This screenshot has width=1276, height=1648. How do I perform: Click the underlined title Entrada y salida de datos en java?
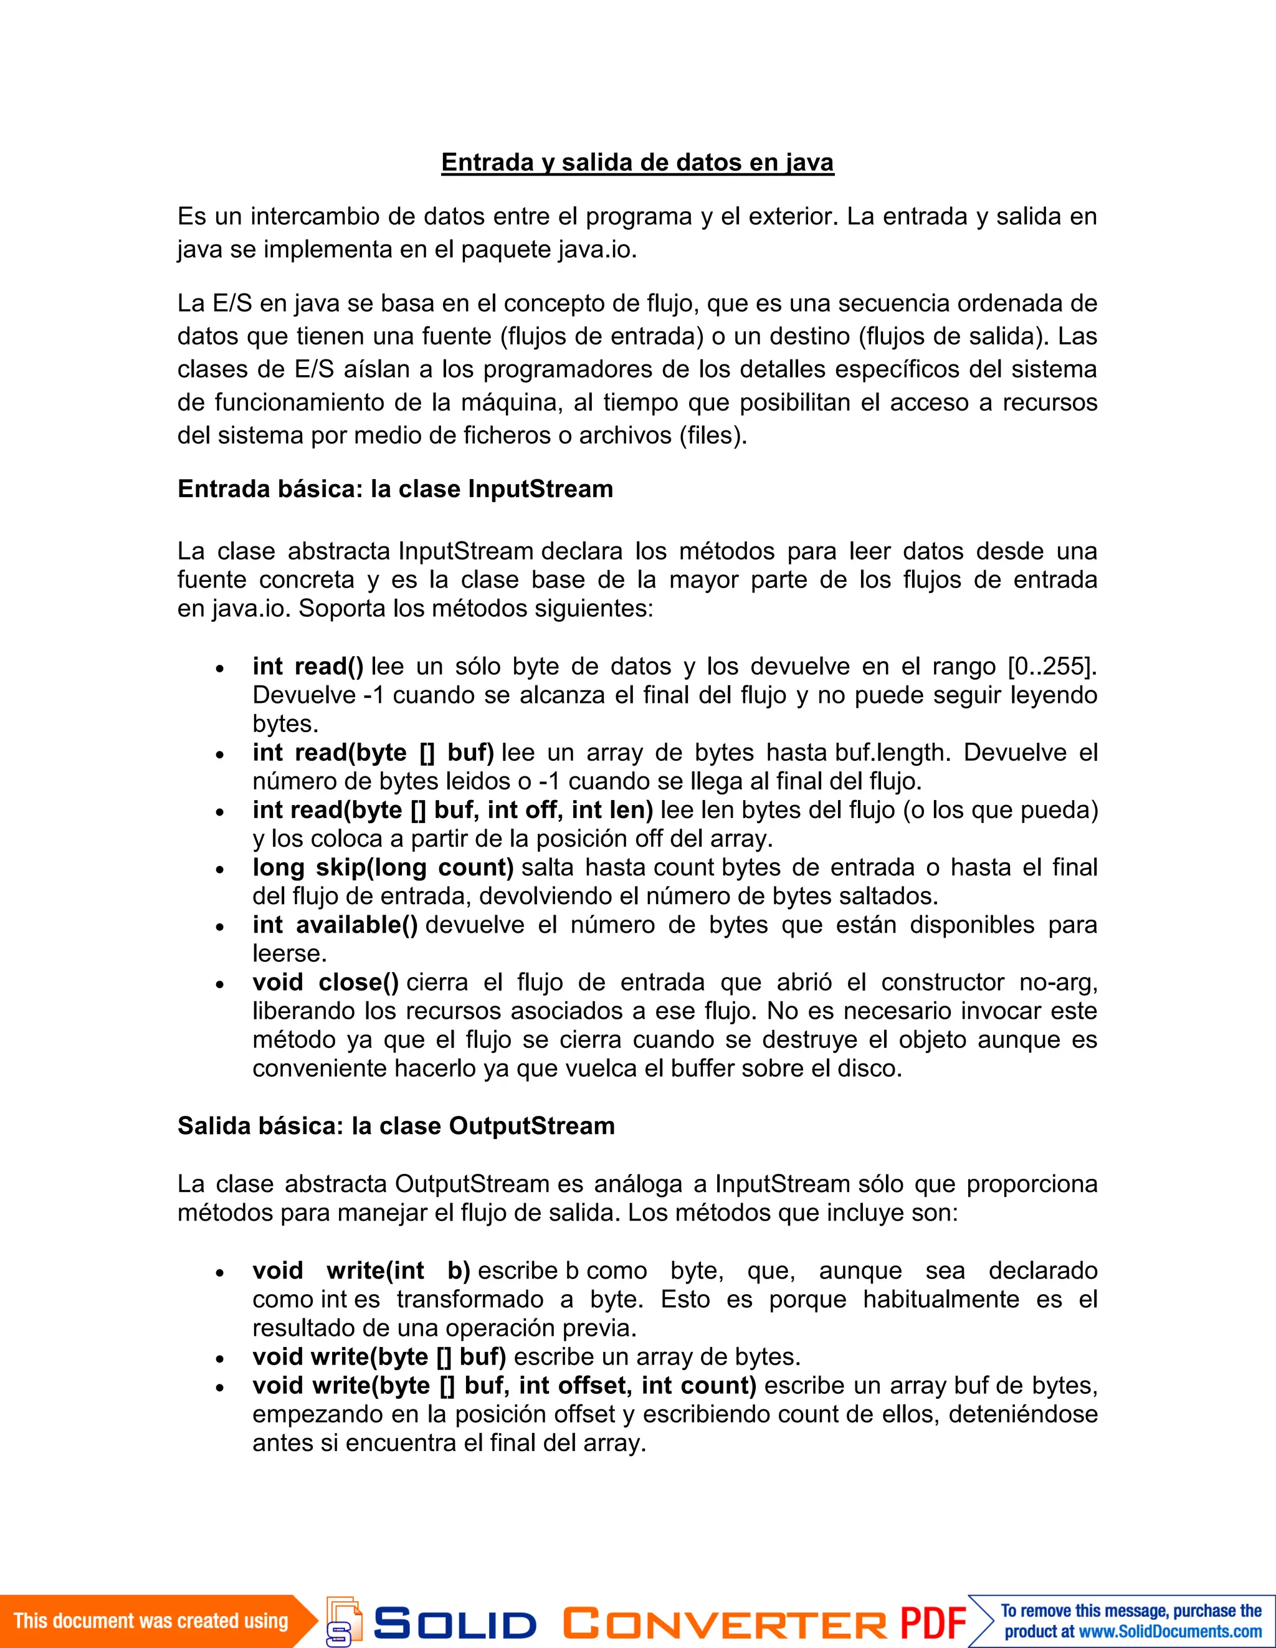point(637,162)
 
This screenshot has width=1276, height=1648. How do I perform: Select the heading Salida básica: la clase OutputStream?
point(396,1126)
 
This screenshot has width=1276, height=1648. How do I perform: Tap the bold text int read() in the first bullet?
point(308,666)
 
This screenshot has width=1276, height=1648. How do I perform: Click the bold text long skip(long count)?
point(383,867)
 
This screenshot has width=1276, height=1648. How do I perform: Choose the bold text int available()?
point(335,925)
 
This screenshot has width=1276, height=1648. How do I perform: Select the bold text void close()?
point(325,982)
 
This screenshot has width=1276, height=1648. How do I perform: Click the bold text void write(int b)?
point(361,1270)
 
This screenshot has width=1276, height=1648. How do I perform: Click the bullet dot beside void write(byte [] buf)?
point(219,1358)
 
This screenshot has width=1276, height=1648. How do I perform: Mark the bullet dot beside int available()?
point(219,926)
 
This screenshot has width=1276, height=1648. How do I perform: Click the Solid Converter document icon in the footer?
point(343,1620)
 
